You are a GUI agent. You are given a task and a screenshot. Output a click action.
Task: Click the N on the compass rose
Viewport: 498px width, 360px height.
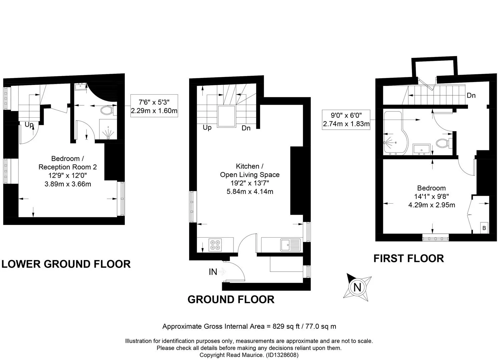point(357,287)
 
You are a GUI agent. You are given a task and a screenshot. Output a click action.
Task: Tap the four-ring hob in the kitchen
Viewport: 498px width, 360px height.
point(215,245)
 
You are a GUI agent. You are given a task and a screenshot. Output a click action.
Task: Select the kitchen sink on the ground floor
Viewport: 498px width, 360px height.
point(290,245)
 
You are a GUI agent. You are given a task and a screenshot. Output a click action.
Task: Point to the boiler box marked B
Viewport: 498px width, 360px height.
point(484,228)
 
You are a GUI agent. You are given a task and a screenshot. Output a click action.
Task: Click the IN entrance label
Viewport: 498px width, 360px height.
point(213,272)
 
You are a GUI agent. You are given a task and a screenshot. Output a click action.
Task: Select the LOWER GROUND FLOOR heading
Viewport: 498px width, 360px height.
point(66,264)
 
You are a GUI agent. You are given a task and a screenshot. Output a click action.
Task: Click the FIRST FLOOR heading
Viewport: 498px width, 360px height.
point(409,258)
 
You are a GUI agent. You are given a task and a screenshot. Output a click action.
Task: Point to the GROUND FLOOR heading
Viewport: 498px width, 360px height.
point(231,300)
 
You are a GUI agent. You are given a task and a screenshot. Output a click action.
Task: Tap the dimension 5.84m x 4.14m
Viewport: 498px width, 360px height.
point(250,192)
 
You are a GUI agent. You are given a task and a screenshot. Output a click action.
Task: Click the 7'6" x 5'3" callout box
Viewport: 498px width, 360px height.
point(154,106)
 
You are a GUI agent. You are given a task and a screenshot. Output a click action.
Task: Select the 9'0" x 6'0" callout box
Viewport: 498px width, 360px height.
point(346,120)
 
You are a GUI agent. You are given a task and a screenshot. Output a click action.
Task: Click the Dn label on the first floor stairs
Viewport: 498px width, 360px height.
point(471,96)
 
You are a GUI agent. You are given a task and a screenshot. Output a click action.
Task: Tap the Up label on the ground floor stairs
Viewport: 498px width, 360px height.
point(207,128)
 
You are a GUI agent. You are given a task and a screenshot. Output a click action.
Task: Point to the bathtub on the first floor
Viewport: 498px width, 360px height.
point(396,133)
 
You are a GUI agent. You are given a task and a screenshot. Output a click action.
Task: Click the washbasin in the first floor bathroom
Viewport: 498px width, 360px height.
point(421,149)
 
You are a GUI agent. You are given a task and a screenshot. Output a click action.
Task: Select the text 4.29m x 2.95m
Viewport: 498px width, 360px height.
point(432,205)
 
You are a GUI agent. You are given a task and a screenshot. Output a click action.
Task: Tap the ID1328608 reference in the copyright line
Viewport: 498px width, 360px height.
point(282,355)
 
